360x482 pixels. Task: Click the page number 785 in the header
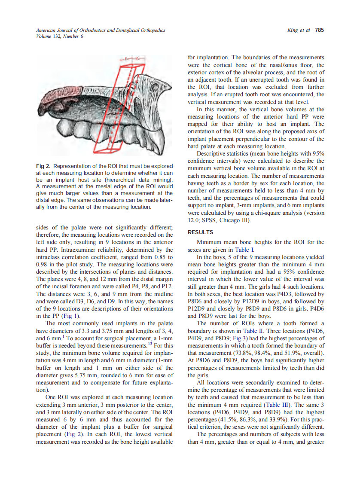tap(319, 31)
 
